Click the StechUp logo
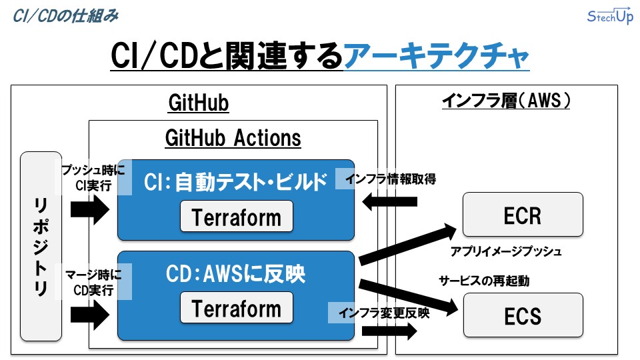(x=609, y=17)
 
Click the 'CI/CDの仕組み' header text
(x=65, y=15)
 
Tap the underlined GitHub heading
(x=199, y=103)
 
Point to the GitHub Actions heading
(x=233, y=138)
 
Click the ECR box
(x=523, y=215)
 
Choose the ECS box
(x=523, y=315)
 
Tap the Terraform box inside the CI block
(x=237, y=217)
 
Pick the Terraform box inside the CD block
(x=237, y=309)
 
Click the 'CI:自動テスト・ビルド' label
(x=237, y=181)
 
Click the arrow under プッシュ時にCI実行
(x=89, y=211)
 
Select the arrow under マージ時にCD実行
(x=89, y=313)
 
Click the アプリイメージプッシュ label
(x=506, y=252)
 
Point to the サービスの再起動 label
(x=484, y=281)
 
